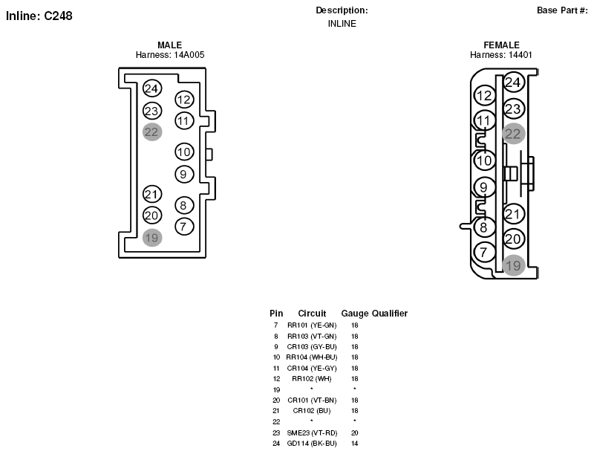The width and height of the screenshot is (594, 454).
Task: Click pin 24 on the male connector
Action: (152, 88)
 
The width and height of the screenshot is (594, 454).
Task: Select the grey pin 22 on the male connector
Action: (152, 132)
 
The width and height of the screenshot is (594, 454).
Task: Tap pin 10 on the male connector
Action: (184, 152)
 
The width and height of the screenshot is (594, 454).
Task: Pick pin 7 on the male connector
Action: (184, 227)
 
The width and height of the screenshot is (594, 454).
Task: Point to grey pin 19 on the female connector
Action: (514, 265)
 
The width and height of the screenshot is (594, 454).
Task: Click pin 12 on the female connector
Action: (485, 96)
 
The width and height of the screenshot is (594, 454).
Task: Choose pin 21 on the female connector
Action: (514, 214)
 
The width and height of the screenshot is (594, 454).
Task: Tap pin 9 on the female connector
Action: (485, 187)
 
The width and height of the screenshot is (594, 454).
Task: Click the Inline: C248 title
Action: (39, 16)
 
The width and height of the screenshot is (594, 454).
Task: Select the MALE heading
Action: (170, 45)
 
